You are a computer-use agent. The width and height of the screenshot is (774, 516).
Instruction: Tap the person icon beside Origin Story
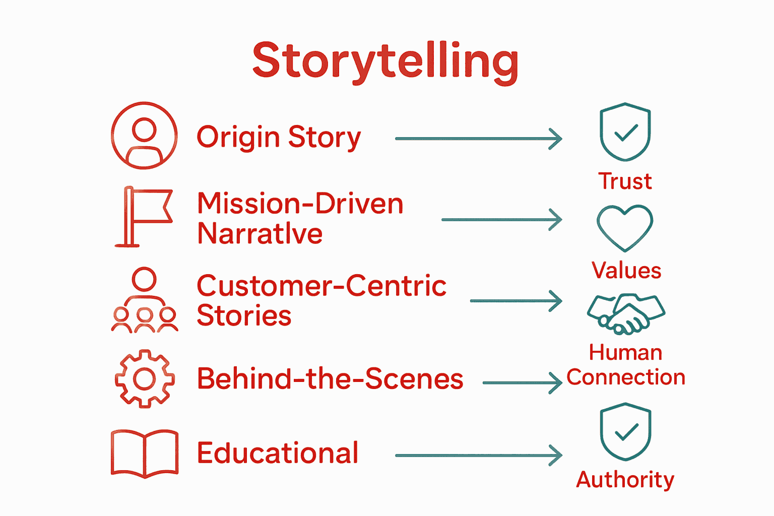click(144, 136)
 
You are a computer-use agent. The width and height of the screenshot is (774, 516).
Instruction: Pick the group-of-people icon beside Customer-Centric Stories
click(145, 300)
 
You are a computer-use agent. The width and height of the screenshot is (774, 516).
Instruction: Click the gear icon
click(145, 379)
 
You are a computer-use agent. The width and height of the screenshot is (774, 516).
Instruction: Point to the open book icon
click(145, 453)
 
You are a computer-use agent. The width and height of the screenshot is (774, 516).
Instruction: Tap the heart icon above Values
click(625, 228)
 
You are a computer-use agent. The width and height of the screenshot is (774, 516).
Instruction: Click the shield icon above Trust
click(625, 132)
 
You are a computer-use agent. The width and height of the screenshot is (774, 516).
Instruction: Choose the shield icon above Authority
click(625, 432)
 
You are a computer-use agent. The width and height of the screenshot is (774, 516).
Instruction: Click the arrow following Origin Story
click(479, 139)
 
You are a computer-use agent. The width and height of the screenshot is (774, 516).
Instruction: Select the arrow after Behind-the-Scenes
click(523, 383)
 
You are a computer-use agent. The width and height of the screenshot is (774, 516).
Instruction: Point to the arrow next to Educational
click(479, 456)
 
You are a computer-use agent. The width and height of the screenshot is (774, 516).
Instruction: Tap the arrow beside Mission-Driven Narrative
click(502, 220)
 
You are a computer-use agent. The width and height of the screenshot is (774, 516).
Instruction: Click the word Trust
click(625, 181)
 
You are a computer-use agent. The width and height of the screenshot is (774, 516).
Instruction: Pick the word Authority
click(625, 480)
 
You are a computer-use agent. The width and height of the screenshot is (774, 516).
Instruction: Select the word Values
click(626, 271)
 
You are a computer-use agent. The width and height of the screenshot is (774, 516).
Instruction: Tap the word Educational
click(278, 453)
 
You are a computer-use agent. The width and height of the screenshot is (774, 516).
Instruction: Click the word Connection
click(626, 377)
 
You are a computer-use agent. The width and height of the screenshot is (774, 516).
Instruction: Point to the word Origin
click(238, 137)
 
